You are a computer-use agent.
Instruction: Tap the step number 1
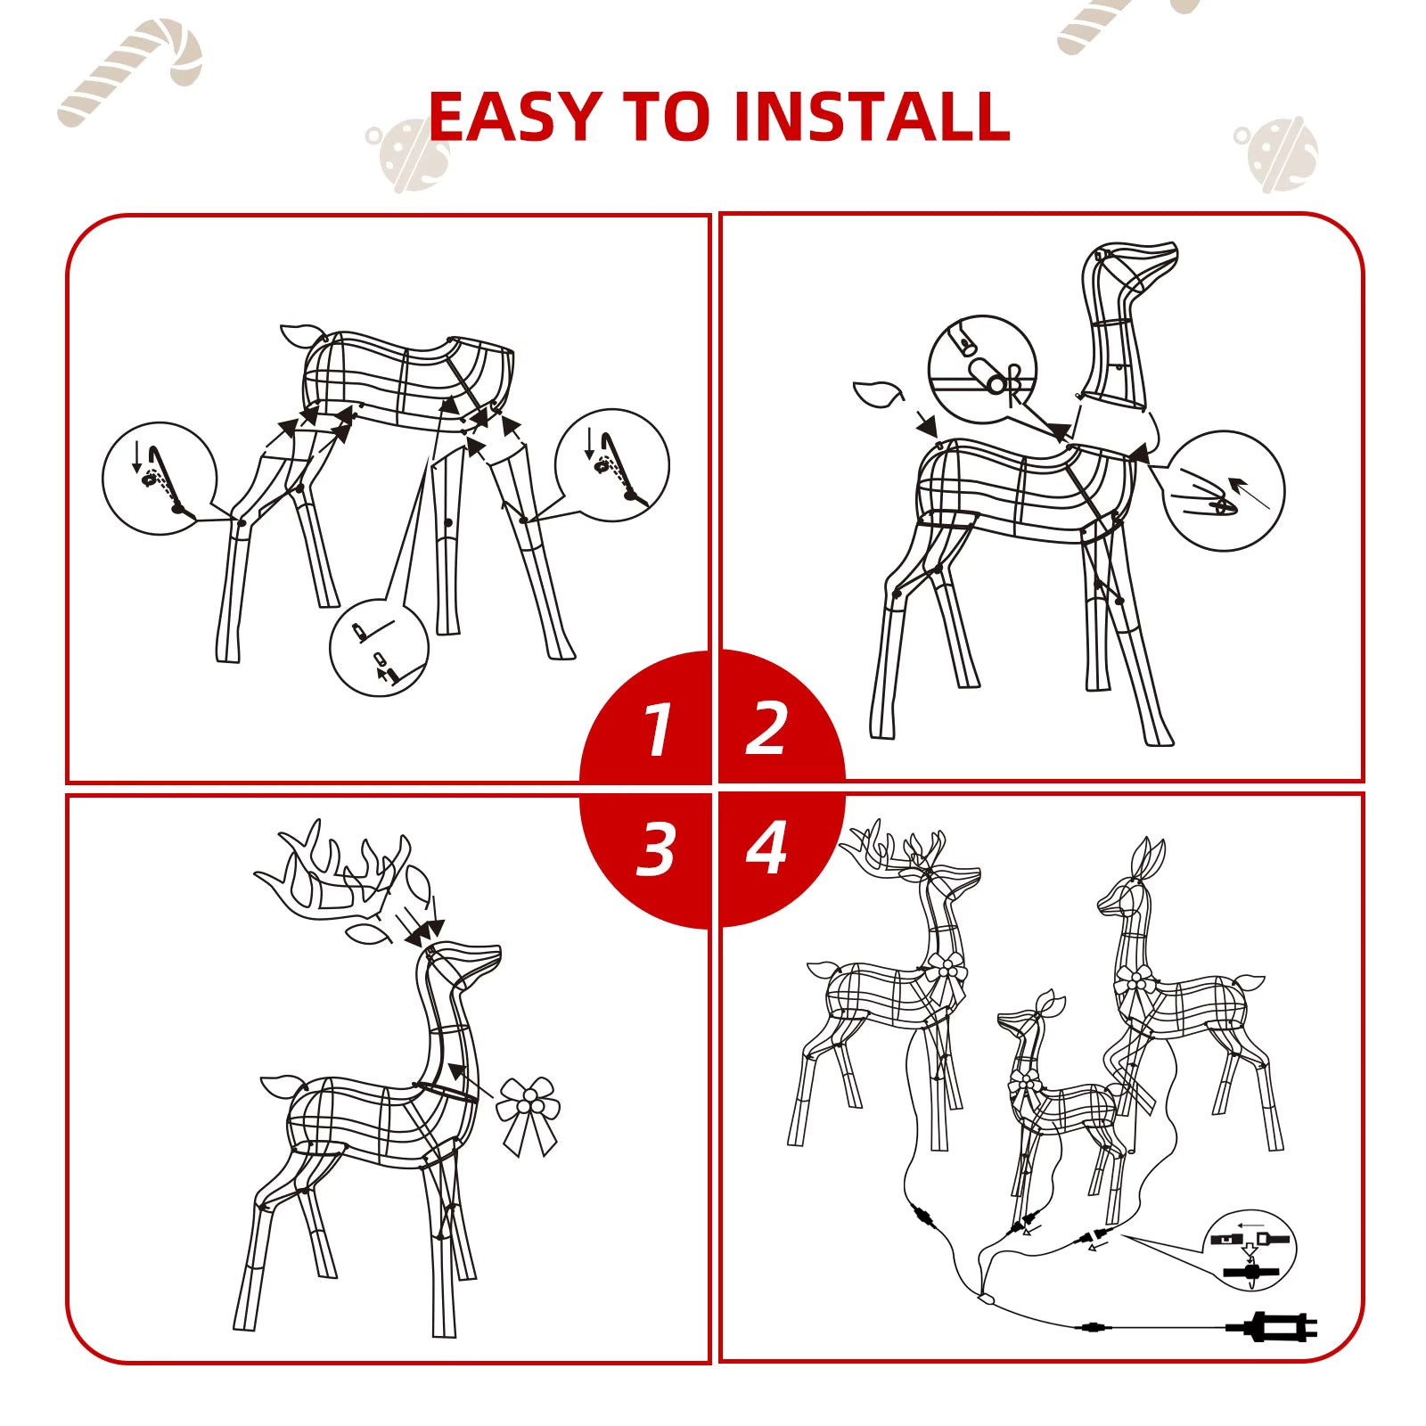(658, 730)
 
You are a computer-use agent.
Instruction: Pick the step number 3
(657, 848)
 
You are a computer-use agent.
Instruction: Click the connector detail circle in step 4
(1250, 1250)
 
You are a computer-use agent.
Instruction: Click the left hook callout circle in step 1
(160, 479)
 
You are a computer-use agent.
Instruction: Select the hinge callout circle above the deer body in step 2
(982, 369)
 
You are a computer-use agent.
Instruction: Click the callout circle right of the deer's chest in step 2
(1224, 491)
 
